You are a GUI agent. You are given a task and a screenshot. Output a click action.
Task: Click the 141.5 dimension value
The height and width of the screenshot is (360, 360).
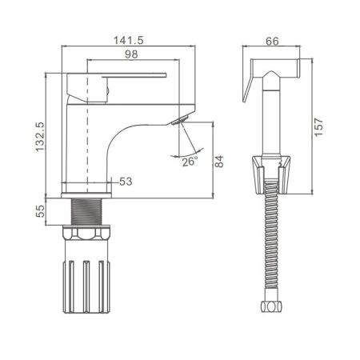(130, 37)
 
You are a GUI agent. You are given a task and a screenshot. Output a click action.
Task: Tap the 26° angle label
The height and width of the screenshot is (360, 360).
(190, 162)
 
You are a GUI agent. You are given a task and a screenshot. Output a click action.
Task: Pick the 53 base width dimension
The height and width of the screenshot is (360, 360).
(126, 182)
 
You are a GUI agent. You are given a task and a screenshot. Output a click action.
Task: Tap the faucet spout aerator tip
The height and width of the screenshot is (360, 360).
(178, 121)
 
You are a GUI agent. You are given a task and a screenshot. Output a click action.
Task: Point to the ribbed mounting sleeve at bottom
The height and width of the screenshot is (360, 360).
(86, 283)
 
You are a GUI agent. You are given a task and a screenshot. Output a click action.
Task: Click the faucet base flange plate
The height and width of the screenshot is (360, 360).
(86, 194)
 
